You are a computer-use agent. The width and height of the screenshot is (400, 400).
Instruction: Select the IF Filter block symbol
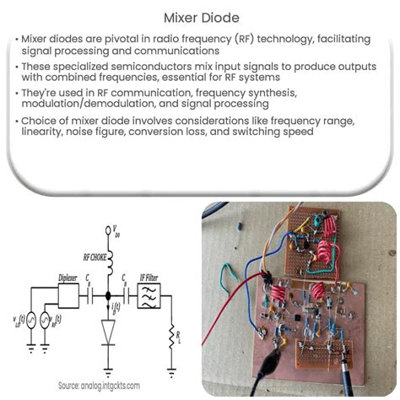150,296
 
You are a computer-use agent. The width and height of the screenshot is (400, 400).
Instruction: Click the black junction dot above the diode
108,297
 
